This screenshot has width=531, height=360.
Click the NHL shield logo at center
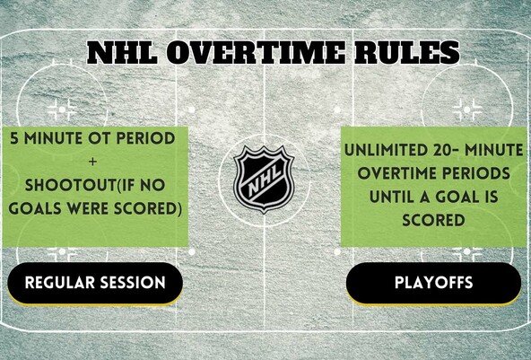coord(265,180)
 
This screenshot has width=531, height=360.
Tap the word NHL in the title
coord(121,52)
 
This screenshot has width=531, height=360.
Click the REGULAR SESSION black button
coord(95,283)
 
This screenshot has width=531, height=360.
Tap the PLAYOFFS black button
coord(433,283)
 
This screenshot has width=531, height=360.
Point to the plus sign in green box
coord(94,162)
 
